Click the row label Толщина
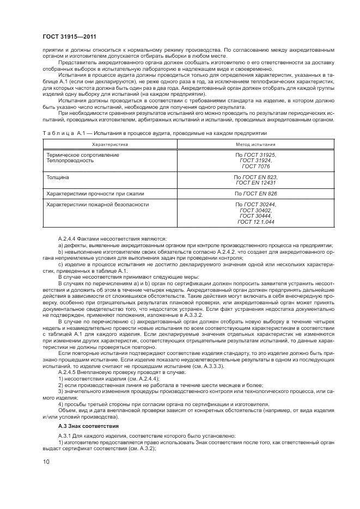[58, 177]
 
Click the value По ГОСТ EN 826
[255, 194]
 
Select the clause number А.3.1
[65, 436]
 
